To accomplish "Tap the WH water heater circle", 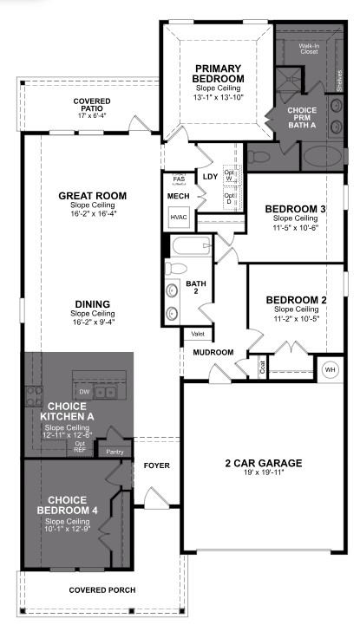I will pyautogui.click(x=330, y=369).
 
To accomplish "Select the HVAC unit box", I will pyautogui.click(x=180, y=217).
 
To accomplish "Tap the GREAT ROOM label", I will pyautogui.click(x=93, y=196).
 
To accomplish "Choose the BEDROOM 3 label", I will pyautogui.click(x=295, y=209).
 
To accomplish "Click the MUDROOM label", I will pyautogui.click(x=213, y=353).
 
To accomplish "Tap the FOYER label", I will pyautogui.click(x=157, y=465).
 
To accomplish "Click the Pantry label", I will pyautogui.click(x=115, y=452).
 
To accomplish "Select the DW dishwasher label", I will pyautogui.click(x=84, y=392).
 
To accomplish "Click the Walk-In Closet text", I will pyautogui.click(x=309, y=49).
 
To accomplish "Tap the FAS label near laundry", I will pyautogui.click(x=179, y=179).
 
